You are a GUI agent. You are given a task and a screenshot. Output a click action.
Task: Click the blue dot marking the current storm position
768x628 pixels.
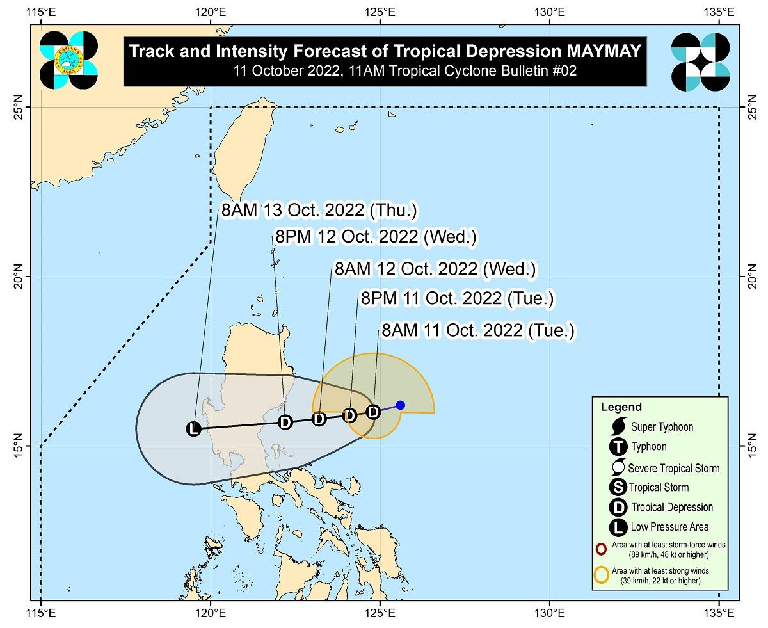coord(401,405)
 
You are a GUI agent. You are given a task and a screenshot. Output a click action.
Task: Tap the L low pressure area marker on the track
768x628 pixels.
coord(193,428)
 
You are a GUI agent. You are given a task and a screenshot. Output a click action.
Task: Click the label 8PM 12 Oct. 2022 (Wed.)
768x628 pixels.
coord(375,237)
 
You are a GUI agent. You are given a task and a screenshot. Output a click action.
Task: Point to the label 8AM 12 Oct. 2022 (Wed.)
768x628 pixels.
coord(435,269)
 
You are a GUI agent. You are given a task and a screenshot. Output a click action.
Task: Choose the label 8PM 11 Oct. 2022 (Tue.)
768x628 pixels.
coord(457,299)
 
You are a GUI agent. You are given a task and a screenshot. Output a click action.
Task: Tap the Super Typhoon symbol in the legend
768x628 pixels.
coord(619,426)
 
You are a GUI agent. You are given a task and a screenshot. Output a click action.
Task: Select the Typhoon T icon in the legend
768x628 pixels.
coord(619,447)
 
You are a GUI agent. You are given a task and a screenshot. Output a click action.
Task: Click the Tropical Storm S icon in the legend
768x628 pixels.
coord(619,487)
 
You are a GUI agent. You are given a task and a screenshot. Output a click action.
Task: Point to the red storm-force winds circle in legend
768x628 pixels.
coord(601,549)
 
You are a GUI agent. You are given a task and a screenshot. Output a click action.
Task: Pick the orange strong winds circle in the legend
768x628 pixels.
coord(602,574)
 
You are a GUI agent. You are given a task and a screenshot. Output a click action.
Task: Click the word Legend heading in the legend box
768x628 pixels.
coord(621,407)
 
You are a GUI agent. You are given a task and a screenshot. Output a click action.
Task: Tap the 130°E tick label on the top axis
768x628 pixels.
coord(550,12)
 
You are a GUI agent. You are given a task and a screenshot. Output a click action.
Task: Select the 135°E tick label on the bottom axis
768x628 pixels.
coord(718,614)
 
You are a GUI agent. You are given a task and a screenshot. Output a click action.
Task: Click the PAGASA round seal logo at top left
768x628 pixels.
coord(68,60)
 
